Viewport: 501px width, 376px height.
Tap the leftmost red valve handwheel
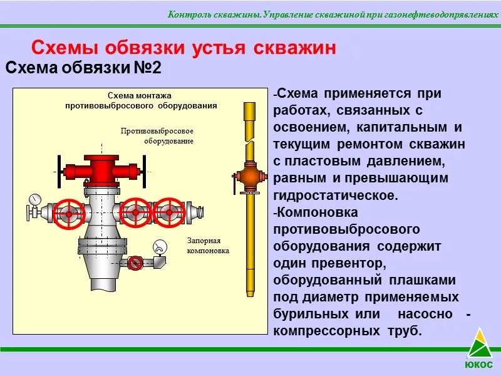[x=68, y=214]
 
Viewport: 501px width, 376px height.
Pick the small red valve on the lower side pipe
[x=135, y=263]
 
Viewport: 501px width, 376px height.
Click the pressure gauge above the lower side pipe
[x=160, y=247]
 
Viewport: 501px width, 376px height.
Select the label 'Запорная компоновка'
[x=208, y=245]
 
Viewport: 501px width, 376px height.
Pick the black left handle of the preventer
[x=58, y=170]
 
